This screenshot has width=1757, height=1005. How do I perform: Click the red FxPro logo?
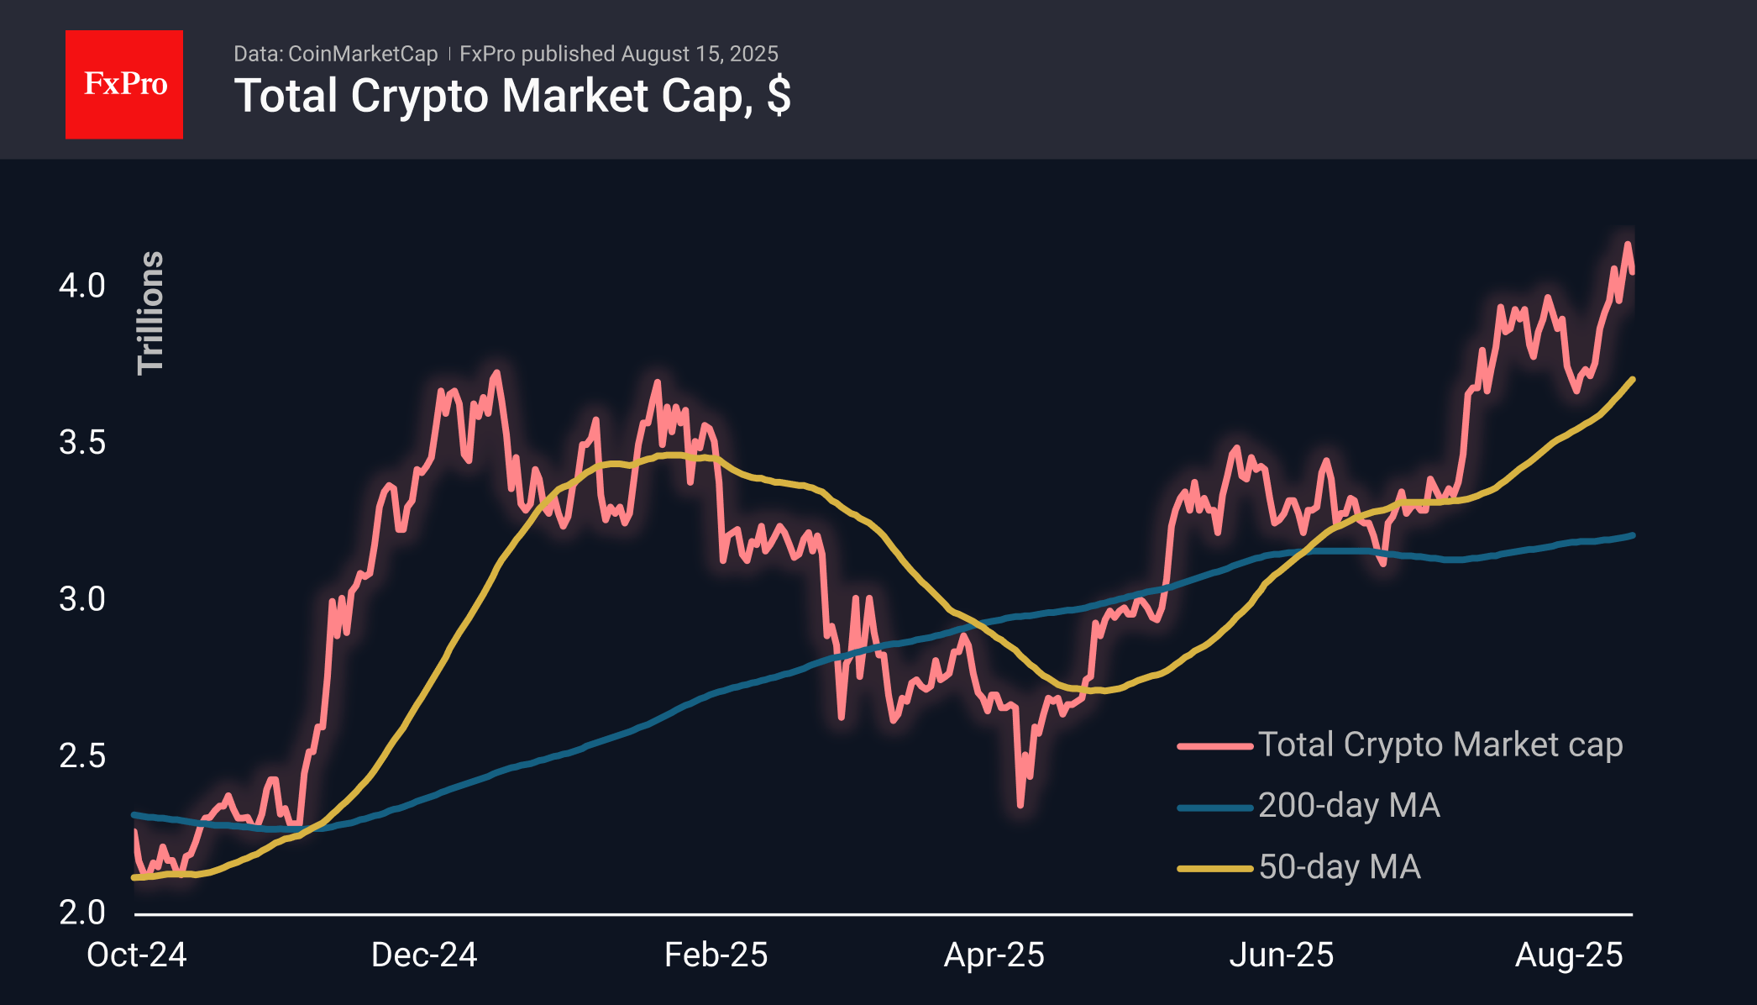[124, 84]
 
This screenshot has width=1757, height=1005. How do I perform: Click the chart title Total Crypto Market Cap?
[511, 96]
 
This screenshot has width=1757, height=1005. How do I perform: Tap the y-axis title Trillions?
[150, 312]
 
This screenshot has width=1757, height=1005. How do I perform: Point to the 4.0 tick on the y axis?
[82, 286]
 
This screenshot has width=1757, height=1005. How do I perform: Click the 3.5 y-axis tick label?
[82, 442]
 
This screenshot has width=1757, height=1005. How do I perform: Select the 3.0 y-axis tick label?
[82, 599]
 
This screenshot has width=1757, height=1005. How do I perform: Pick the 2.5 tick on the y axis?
[82, 755]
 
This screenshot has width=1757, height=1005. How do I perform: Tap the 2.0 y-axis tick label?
[82, 912]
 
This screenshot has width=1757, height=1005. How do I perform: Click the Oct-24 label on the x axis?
[137, 955]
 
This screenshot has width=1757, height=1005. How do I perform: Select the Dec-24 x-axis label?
[424, 955]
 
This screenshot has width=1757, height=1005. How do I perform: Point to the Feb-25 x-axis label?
[716, 955]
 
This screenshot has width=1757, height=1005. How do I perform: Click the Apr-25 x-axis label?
[994, 955]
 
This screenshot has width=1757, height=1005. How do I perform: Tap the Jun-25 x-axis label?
[1282, 955]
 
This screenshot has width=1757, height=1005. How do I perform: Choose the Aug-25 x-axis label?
[1569, 955]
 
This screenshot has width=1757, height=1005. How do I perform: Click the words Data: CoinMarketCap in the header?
[335, 54]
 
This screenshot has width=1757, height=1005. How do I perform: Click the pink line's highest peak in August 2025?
[1628, 245]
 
